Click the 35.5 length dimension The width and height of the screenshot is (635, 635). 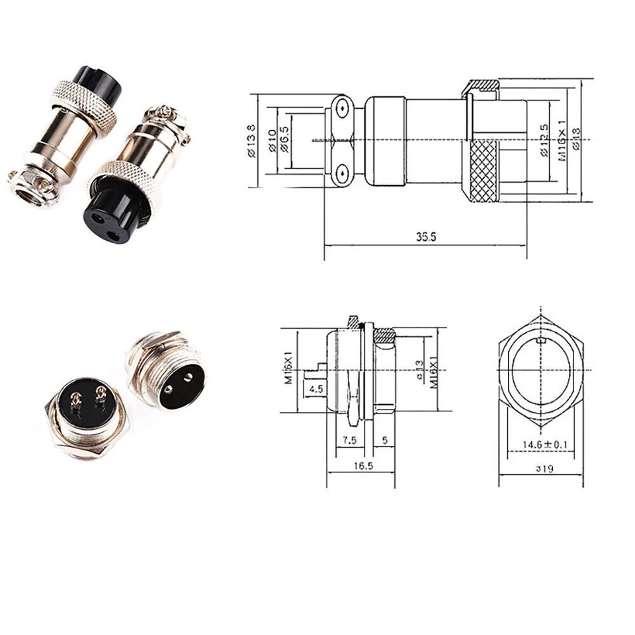point(426,237)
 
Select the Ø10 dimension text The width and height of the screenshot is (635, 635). point(271,140)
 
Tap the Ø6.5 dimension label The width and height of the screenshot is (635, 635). point(284,141)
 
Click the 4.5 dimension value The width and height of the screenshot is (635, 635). point(316,388)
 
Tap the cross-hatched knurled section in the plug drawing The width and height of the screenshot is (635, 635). point(484,171)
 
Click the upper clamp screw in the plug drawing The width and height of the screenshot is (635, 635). point(341,108)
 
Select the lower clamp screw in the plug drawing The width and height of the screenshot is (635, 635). point(341,173)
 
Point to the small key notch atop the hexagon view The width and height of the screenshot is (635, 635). point(541,342)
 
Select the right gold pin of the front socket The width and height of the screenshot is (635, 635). point(101,396)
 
